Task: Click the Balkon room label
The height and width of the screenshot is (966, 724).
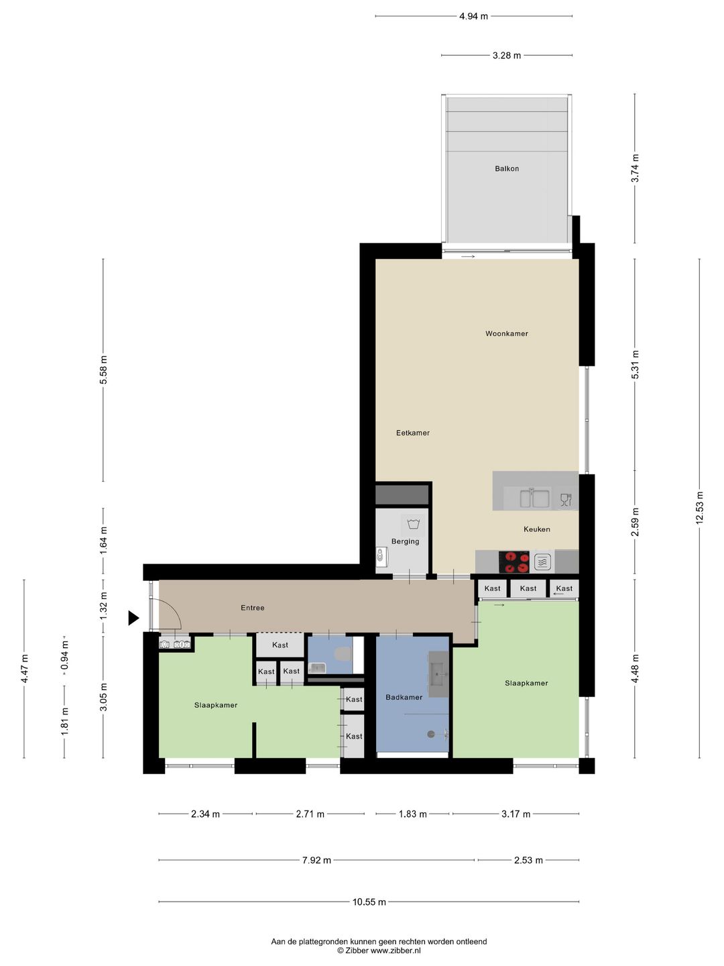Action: pyautogui.click(x=507, y=168)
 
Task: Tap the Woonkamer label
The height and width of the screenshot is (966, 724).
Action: pyautogui.click(x=507, y=333)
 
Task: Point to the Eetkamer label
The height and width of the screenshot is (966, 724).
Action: pyautogui.click(x=413, y=433)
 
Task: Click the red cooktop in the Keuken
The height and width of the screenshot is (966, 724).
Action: pyautogui.click(x=514, y=561)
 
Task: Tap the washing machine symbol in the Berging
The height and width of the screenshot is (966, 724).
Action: pyautogui.click(x=413, y=523)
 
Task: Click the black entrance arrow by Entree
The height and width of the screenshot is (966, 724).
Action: pyautogui.click(x=133, y=618)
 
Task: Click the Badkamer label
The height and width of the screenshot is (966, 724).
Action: pyautogui.click(x=404, y=697)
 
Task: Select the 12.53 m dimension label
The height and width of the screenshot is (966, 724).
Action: pyautogui.click(x=700, y=509)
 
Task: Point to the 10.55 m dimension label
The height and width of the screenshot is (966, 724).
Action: pyautogui.click(x=369, y=902)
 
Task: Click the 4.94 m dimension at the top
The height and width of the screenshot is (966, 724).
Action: pyautogui.click(x=473, y=16)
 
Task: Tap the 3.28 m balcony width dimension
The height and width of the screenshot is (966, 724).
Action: pyautogui.click(x=507, y=56)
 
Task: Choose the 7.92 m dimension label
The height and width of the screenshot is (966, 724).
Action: pyautogui.click(x=316, y=860)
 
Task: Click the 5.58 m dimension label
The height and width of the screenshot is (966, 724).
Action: pyautogui.click(x=103, y=370)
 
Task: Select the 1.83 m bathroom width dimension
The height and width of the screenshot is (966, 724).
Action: pyautogui.click(x=412, y=814)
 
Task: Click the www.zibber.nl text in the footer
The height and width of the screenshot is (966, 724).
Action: pyautogui.click(x=396, y=951)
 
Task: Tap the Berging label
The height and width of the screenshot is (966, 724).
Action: pyautogui.click(x=406, y=541)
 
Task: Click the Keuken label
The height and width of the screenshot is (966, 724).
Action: pyautogui.click(x=537, y=529)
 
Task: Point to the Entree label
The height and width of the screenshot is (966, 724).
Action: pyautogui.click(x=253, y=608)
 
